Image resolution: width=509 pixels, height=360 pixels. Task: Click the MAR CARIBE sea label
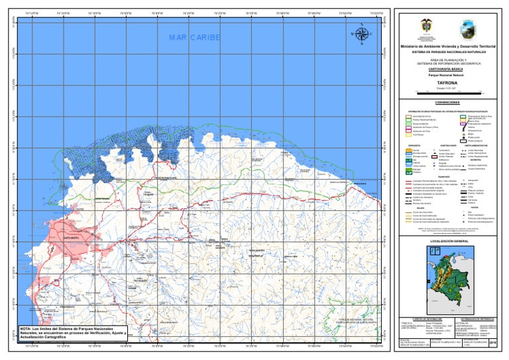tap(194, 37)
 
